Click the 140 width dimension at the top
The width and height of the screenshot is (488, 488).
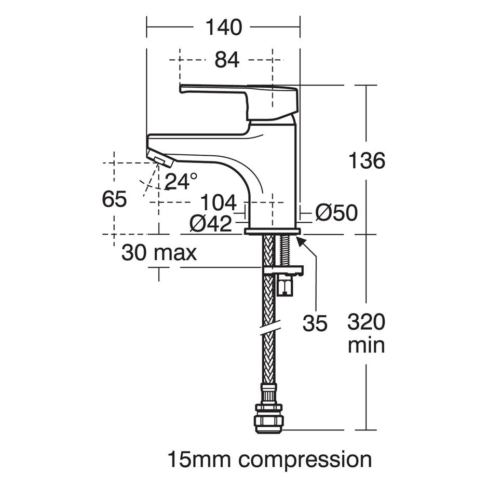click(224, 26)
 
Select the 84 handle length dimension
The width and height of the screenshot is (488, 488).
click(227, 60)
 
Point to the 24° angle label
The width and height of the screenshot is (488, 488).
click(181, 181)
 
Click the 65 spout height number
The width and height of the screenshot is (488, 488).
click(114, 199)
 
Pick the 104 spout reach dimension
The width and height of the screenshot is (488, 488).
click(218, 201)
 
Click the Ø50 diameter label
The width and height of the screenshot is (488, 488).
click(336, 212)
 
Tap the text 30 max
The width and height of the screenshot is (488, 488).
click(159, 253)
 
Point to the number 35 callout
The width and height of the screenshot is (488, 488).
click(315, 323)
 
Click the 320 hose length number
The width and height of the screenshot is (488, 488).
click(366, 322)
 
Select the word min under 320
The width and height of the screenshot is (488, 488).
click(366, 345)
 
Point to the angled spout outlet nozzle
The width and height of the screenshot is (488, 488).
click(160, 157)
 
